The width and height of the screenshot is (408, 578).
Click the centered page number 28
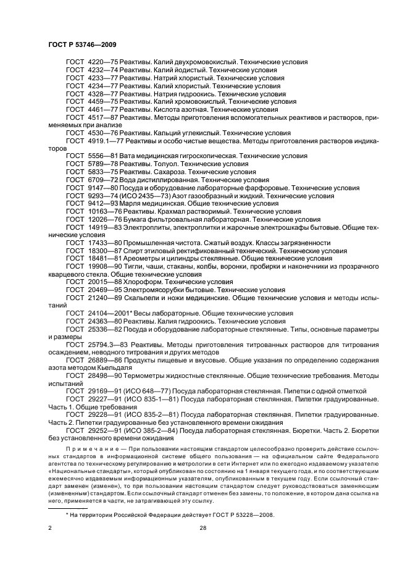(203, 528)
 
